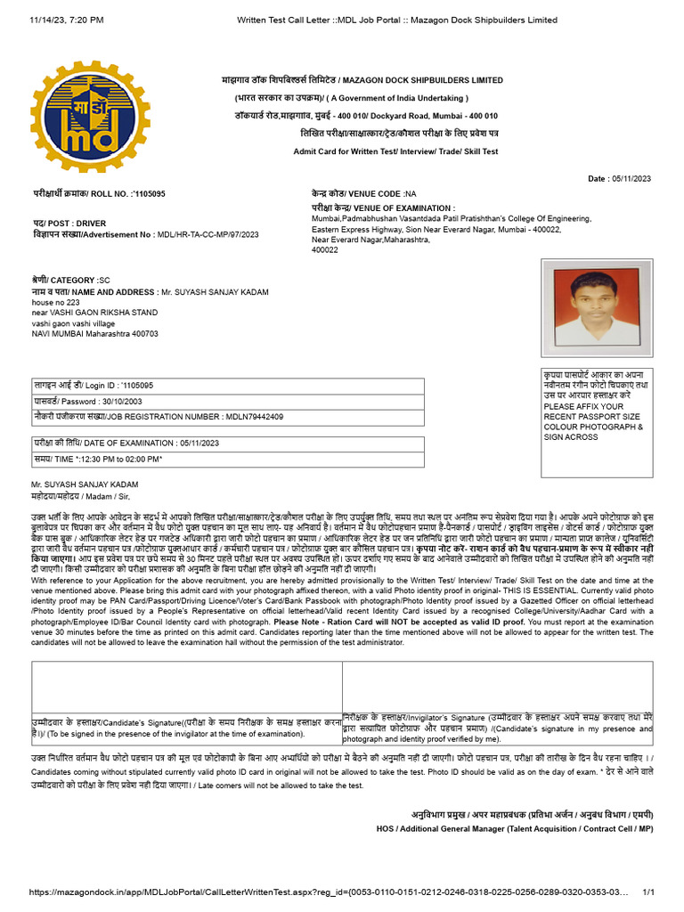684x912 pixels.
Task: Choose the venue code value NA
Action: point(410,193)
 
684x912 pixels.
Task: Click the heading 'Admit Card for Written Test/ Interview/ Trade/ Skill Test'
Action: point(395,151)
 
